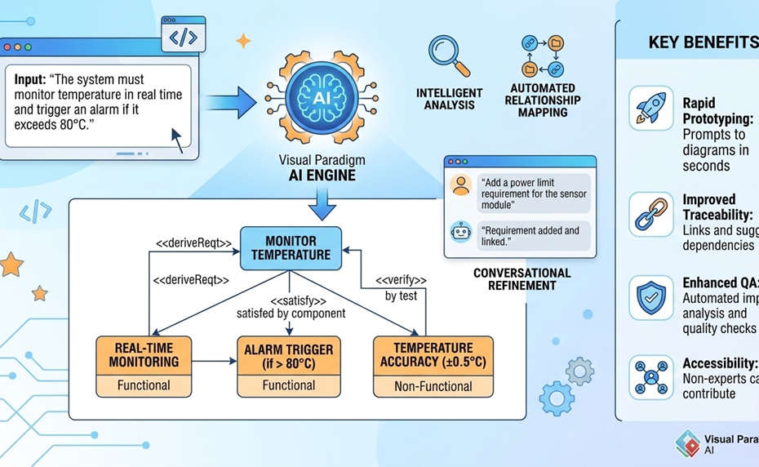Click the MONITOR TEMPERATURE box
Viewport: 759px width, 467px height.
[291, 248]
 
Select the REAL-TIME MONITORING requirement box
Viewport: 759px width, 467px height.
[144, 356]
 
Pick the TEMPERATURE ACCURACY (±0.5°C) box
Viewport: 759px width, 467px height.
[433, 356]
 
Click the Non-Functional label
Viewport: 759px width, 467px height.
[433, 386]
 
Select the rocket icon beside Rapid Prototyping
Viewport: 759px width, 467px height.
[651, 109]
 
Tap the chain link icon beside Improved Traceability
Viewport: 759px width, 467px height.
[651, 214]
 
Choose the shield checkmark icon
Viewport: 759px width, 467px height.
[651, 298]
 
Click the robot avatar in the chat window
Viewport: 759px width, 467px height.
[461, 233]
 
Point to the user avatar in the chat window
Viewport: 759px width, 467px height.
[461, 186]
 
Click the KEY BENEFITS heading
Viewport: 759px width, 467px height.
[702, 42]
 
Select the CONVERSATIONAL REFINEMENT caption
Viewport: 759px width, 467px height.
[522, 279]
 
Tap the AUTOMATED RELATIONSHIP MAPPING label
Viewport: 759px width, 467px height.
[543, 100]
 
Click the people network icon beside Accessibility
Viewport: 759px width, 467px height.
[651, 377]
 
